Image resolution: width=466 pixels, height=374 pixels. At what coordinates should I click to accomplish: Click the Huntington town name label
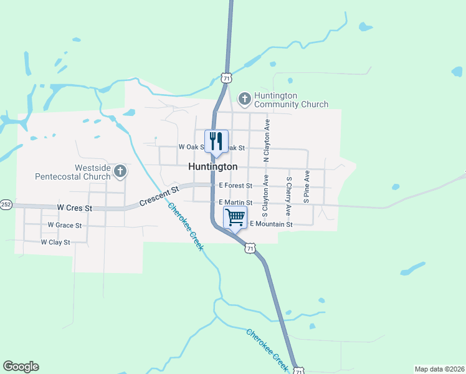tap(212, 167)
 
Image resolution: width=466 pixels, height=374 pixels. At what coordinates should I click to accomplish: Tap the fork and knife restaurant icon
tap(217, 141)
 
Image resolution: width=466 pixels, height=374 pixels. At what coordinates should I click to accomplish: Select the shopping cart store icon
tap(235, 218)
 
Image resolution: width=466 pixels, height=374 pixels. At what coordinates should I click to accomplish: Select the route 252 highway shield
tap(6, 204)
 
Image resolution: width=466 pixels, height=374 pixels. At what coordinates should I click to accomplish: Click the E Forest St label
tap(235, 186)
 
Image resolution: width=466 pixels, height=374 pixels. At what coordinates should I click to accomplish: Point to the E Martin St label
tap(235, 203)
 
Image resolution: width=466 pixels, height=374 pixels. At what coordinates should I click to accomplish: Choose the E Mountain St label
tap(271, 224)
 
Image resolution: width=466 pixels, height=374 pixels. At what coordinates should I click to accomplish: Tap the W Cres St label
tap(74, 207)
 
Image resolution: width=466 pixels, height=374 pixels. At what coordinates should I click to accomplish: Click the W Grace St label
tap(65, 225)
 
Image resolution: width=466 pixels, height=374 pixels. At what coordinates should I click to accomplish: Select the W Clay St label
tap(55, 242)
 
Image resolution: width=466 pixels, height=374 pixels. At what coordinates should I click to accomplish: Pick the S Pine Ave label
tap(307, 188)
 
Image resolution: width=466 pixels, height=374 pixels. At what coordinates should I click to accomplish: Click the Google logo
tap(21, 367)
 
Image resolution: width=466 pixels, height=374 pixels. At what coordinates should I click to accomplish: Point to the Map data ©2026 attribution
tap(439, 369)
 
